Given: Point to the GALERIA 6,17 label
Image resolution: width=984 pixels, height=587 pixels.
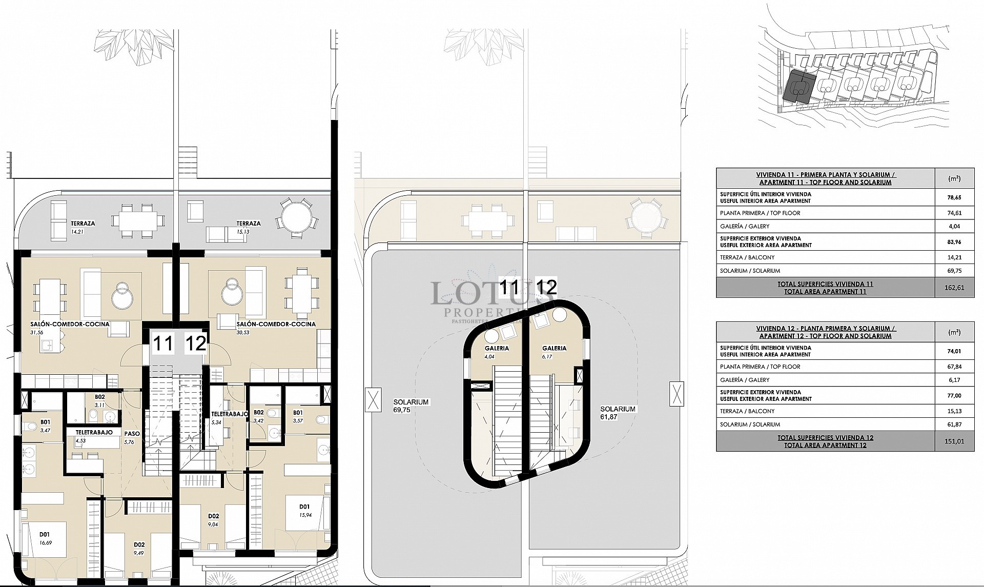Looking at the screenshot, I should tap(554, 351).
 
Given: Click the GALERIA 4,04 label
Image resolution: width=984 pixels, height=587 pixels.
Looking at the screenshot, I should tap(496, 351).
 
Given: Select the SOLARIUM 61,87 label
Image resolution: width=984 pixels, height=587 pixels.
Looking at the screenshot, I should tap(618, 413).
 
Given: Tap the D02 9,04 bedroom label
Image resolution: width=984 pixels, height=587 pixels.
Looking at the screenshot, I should tap(214, 519).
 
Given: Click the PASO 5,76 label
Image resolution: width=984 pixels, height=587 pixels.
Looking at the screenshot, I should tap(132, 437).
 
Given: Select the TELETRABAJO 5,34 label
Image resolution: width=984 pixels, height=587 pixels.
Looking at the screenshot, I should tap(230, 417).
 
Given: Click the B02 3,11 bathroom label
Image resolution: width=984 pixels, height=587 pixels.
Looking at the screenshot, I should tap(99, 400).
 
